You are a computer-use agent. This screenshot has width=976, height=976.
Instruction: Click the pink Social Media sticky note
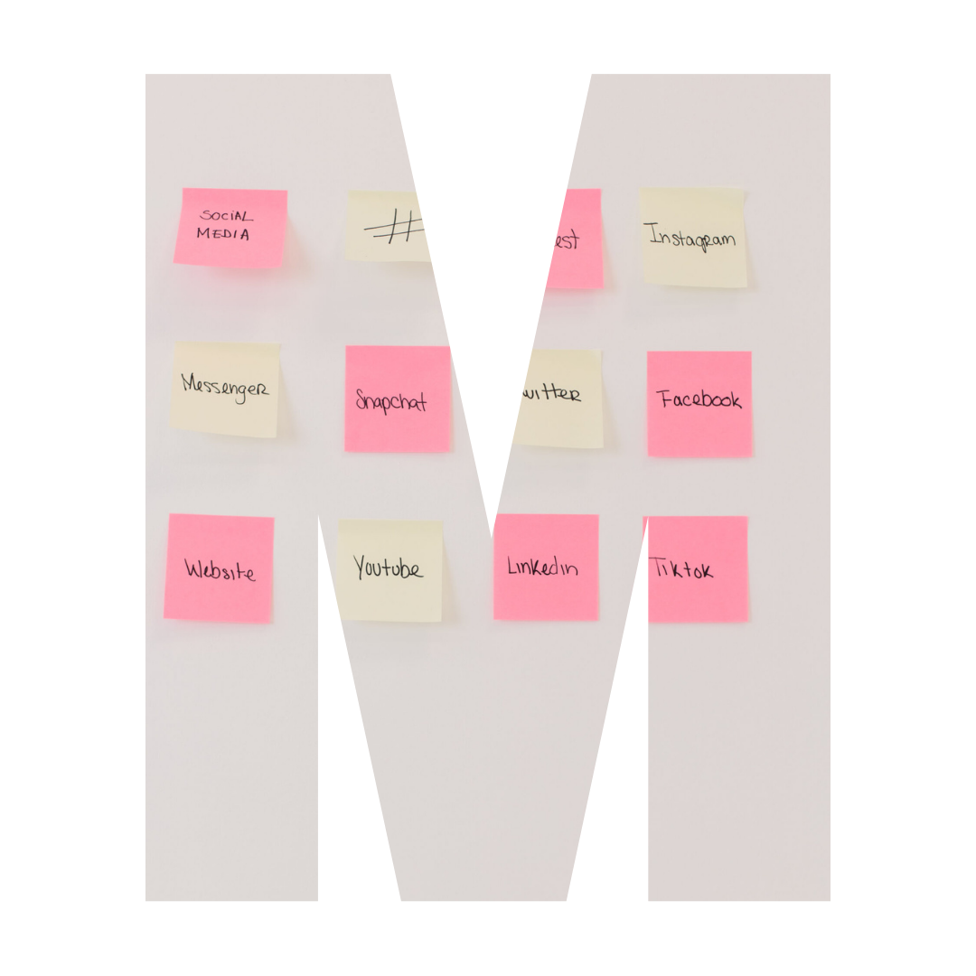tap(230, 228)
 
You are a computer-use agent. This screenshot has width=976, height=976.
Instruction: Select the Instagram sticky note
tap(693, 238)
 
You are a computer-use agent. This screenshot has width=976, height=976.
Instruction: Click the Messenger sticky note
tap(225, 389)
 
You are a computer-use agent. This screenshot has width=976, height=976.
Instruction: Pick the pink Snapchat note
tap(397, 399)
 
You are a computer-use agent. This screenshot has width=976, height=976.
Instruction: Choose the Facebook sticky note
tap(699, 403)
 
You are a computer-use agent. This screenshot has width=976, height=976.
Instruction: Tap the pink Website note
tap(219, 568)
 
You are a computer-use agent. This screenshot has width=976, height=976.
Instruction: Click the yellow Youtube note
tap(390, 569)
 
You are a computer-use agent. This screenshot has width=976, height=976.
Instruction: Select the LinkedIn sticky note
tap(546, 567)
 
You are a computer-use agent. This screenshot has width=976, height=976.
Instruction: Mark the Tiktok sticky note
tap(697, 569)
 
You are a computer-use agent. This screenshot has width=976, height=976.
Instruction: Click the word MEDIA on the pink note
tap(222, 234)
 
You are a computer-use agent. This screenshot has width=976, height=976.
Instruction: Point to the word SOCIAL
tap(227, 216)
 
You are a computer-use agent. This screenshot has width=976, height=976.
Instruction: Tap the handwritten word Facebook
tap(699, 399)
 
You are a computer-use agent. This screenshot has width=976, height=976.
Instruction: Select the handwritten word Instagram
tap(692, 238)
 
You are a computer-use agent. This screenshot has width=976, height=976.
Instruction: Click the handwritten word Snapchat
tap(391, 401)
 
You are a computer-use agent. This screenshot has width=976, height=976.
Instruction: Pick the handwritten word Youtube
tap(388, 568)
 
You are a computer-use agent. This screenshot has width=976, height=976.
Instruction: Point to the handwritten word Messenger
tap(225, 387)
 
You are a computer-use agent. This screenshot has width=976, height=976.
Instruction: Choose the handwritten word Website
tap(220, 570)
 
